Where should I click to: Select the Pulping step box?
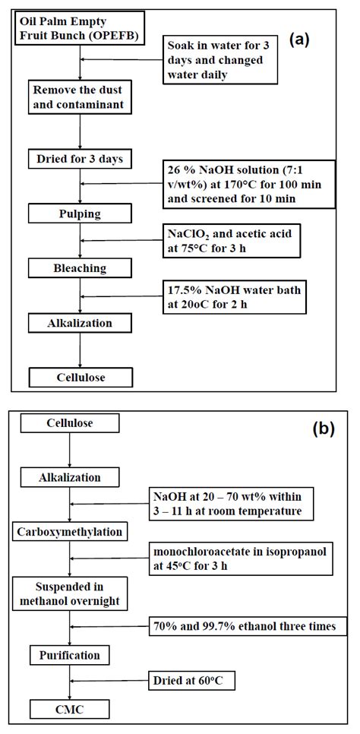pos(80,214)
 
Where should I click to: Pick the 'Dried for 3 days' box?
pos(80,159)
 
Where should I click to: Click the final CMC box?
pos(69,710)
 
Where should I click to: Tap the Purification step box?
pos(69,653)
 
